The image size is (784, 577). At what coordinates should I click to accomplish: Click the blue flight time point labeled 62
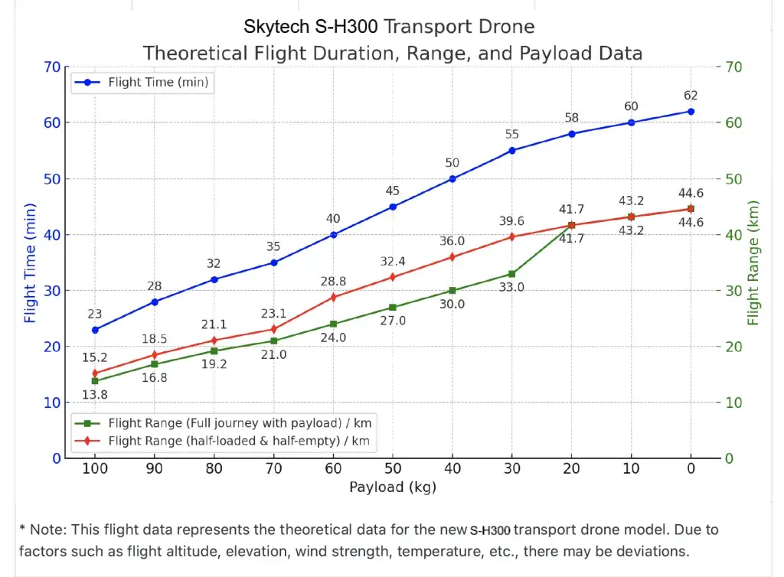point(691,111)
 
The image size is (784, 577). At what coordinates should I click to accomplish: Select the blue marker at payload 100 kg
point(95,330)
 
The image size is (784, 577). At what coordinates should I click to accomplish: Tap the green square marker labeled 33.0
point(512,274)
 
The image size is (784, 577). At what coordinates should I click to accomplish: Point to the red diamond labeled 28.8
point(333,297)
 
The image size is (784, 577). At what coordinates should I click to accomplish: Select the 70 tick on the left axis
point(52,67)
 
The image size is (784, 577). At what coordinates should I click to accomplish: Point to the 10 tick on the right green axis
point(733,403)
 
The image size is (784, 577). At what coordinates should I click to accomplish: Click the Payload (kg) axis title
point(393,487)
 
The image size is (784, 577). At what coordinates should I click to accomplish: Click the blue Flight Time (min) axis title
point(30,262)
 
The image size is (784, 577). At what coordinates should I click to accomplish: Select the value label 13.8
point(95,395)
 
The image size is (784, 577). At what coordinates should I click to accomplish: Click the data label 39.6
point(512,221)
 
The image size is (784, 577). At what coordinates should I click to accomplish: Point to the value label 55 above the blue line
point(512,135)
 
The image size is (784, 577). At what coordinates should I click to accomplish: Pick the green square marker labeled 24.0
point(333,324)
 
